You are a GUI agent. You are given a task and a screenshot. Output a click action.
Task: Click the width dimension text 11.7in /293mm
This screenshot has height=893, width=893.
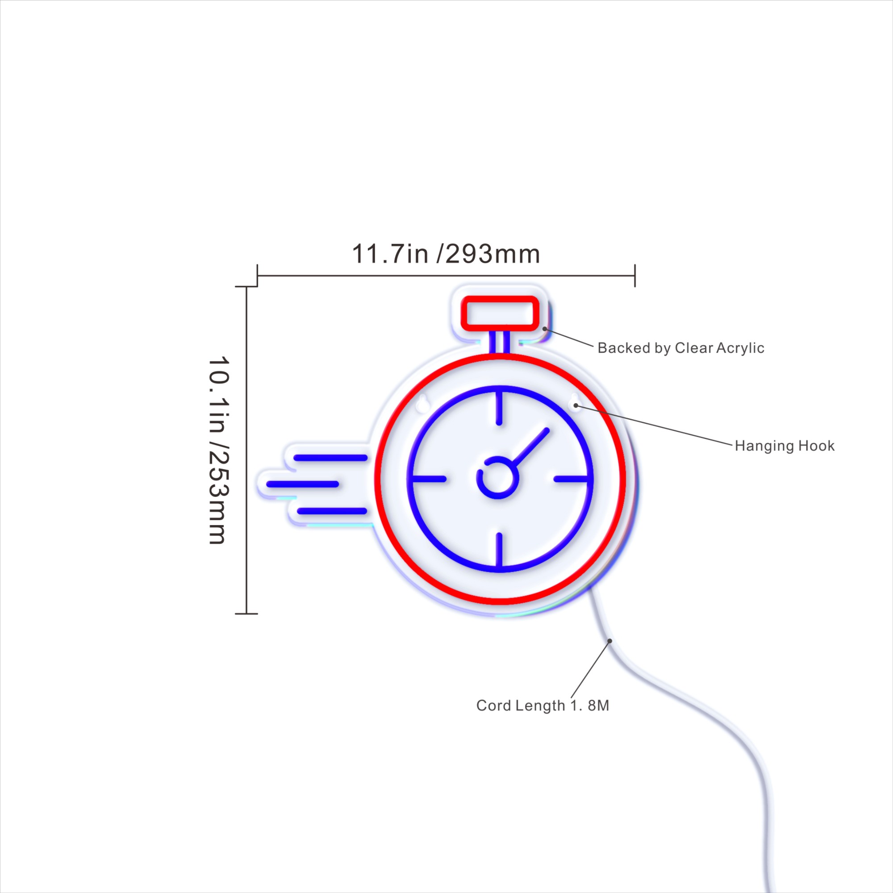[446, 254]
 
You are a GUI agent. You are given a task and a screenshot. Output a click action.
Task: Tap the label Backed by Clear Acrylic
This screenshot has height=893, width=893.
[681, 348]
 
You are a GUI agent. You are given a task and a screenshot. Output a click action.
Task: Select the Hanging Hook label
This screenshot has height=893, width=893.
[785, 446]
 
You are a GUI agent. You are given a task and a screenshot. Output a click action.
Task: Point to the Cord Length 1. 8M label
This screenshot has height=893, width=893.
[542, 705]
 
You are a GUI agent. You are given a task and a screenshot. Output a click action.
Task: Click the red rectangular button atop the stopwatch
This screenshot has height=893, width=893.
[500, 314]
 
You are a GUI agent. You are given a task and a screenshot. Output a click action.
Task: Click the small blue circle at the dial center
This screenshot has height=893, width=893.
[497, 477]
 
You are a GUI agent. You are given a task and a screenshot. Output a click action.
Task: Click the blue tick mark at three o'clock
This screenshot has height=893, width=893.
[572, 479]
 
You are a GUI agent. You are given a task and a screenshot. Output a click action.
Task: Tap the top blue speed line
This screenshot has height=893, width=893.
[331, 458]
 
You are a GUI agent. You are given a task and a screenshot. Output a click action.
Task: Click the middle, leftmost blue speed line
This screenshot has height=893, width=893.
[303, 484]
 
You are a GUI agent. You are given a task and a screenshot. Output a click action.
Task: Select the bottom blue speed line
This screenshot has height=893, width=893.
[332, 511]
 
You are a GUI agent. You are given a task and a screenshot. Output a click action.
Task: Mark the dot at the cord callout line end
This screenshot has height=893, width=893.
[609, 641]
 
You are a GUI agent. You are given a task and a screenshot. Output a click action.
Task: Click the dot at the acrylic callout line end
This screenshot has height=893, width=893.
[545, 329]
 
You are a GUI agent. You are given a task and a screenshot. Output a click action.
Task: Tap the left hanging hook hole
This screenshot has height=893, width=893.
[422, 404]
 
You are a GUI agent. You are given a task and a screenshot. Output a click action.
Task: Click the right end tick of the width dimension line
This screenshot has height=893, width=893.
[635, 275]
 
